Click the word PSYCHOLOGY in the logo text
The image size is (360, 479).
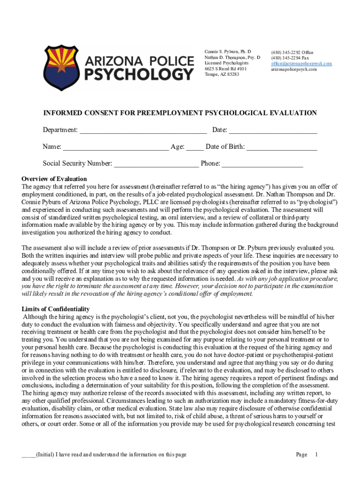pyautogui.click(x=139, y=74)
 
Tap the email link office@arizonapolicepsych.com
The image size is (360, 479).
pyautogui.click(x=301, y=63)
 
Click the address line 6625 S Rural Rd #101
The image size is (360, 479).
pyautogui.click(x=226, y=69)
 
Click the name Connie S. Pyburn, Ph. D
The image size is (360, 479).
pyautogui.click(x=228, y=51)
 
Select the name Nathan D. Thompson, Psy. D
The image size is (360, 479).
pyautogui.click(x=232, y=57)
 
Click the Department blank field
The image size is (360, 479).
pyautogui.click(x=143, y=130)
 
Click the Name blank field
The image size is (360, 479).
pyautogui.click(x=115, y=147)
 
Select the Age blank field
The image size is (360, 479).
pyautogui.click(x=194, y=147)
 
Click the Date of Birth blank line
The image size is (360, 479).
pyautogui.click(x=282, y=147)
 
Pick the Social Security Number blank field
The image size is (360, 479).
pyautogui.click(x=156, y=164)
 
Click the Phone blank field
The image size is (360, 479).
pyautogui.click(x=262, y=164)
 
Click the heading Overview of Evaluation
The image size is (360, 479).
pyautogui.click(x=54, y=179)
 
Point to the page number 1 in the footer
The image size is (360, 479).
pyautogui.click(x=317, y=454)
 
